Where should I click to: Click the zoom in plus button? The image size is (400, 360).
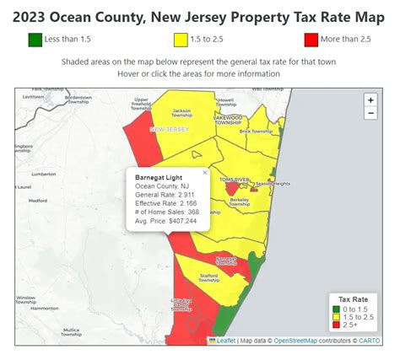pos(370,99)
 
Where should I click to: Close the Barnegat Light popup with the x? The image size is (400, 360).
pos(204,172)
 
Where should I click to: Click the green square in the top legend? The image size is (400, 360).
pos(35,40)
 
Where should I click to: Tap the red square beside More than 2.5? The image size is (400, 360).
pos(312,40)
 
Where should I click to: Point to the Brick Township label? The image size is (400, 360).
pos(256,131)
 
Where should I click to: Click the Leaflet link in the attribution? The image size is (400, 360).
pos(225,341)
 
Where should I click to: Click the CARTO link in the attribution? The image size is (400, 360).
pos(370,341)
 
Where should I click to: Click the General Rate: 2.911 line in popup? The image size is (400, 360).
pos(165,195)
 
